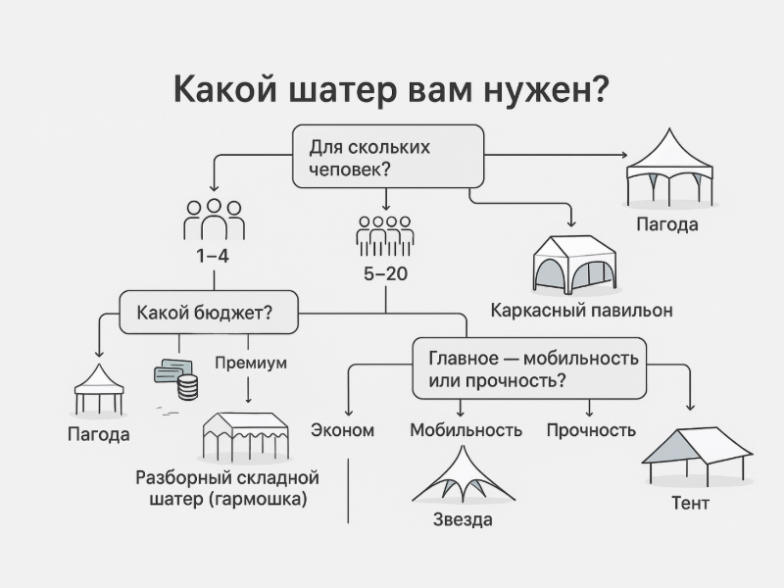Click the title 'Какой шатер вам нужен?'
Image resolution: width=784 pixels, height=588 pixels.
pyautogui.click(x=392, y=91)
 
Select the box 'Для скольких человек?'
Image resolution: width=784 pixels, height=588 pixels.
pyautogui.click(x=389, y=157)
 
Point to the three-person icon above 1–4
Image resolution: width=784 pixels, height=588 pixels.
pyautogui.click(x=213, y=220)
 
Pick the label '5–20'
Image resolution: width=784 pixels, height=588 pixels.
pyautogui.click(x=385, y=273)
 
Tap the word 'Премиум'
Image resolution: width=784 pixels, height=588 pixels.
pyautogui.click(x=251, y=363)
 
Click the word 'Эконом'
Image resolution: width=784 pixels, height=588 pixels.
pyautogui.click(x=342, y=429)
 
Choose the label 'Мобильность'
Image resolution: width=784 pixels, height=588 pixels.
pyautogui.click(x=465, y=429)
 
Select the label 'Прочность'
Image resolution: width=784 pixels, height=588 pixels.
pyautogui.click(x=590, y=429)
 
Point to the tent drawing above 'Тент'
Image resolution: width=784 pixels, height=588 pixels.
pyautogui.click(x=697, y=457)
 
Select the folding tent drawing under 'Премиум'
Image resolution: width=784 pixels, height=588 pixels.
pyautogui.click(x=246, y=436)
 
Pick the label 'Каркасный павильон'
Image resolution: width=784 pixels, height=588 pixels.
pyautogui.click(x=582, y=311)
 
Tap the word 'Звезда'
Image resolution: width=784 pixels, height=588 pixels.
pyautogui.click(x=463, y=519)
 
